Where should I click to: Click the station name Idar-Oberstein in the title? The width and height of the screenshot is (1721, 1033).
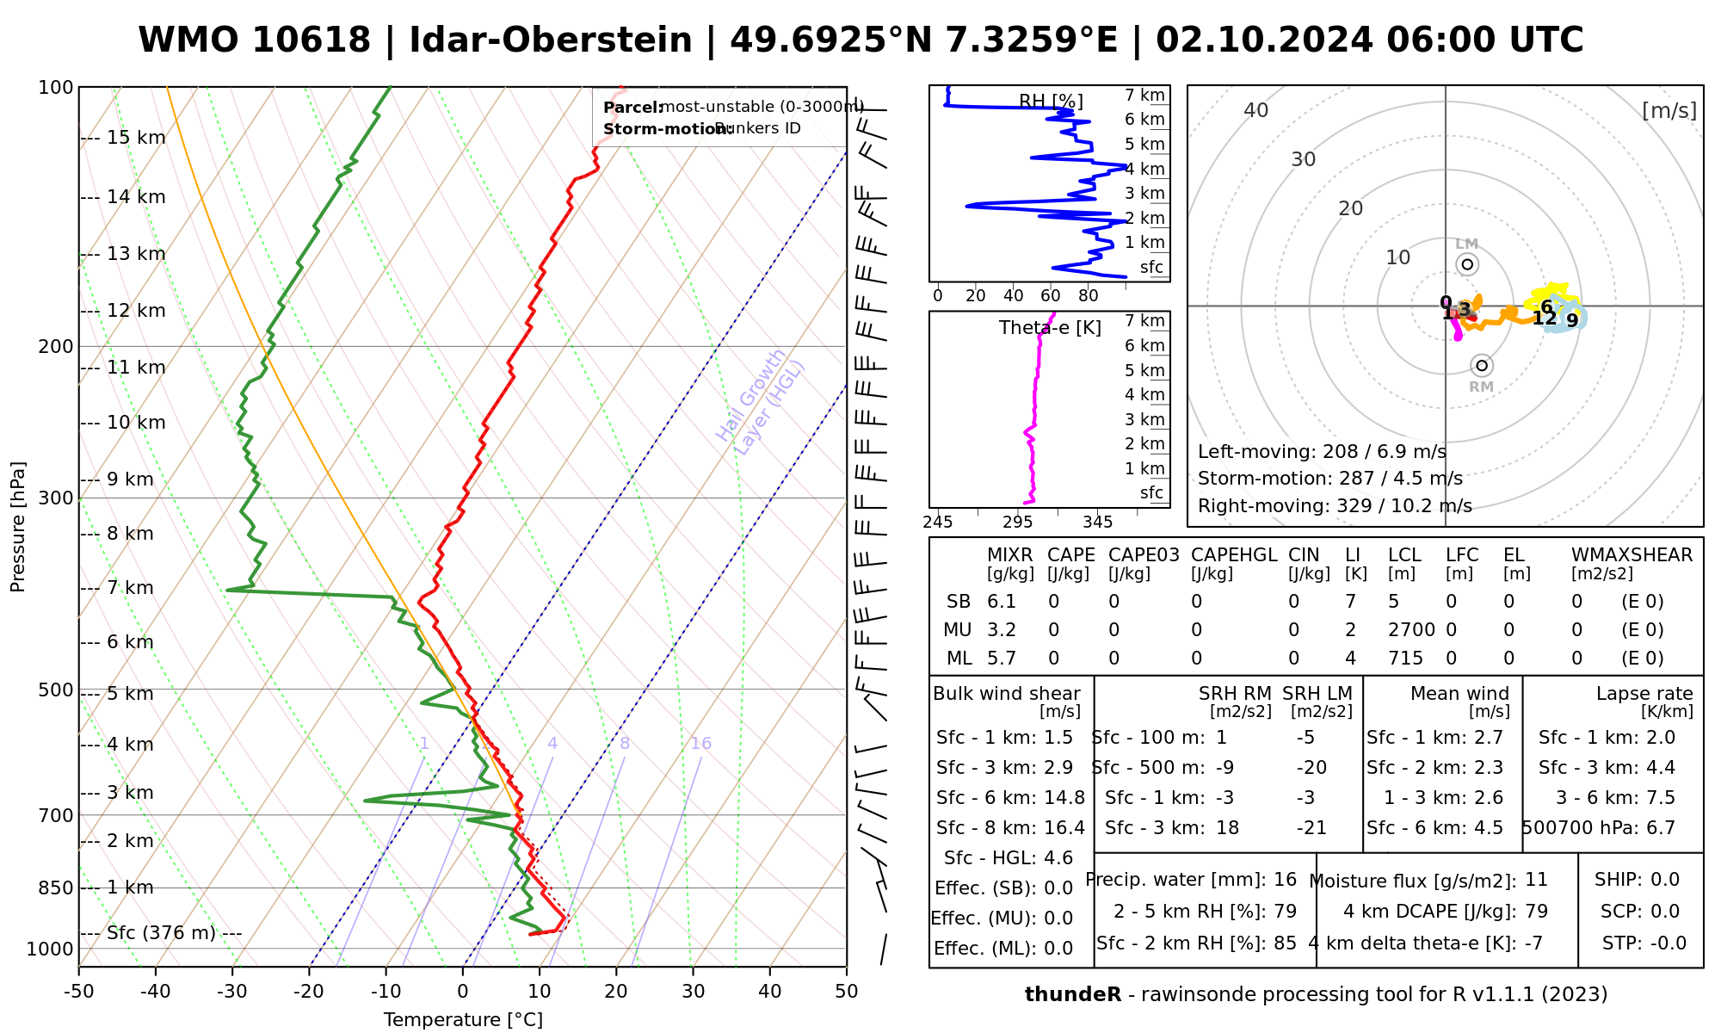tap(550, 40)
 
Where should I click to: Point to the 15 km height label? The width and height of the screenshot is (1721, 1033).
tap(136, 138)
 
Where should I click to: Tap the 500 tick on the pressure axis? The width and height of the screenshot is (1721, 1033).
tap(56, 690)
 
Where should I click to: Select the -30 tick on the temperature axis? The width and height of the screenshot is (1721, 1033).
tap(231, 992)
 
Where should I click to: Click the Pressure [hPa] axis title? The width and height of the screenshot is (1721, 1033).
tap(18, 527)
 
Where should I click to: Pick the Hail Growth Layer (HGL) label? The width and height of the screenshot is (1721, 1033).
tap(761, 402)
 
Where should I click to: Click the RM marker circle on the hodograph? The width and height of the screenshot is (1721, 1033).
tap(1482, 366)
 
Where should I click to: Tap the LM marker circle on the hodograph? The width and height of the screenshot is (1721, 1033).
tap(1467, 264)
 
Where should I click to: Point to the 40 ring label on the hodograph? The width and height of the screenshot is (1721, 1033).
tap(1256, 110)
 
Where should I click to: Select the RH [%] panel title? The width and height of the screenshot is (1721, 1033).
tap(1051, 102)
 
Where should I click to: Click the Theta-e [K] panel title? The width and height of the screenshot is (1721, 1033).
tap(1050, 328)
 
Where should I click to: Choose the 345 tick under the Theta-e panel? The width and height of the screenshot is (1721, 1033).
tap(1097, 523)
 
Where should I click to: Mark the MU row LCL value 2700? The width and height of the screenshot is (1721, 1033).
tap(1411, 630)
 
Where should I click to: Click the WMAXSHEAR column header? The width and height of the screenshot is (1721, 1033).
tap(1632, 555)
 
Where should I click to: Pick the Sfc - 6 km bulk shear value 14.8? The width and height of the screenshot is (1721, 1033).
tap(1064, 798)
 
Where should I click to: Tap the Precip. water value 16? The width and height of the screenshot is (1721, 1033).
tap(1285, 880)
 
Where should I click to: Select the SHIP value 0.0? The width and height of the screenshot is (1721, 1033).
tap(1664, 880)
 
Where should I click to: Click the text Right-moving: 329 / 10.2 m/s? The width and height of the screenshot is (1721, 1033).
tap(1335, 506)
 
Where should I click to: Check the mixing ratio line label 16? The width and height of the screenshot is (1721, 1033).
tap(701, 744)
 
